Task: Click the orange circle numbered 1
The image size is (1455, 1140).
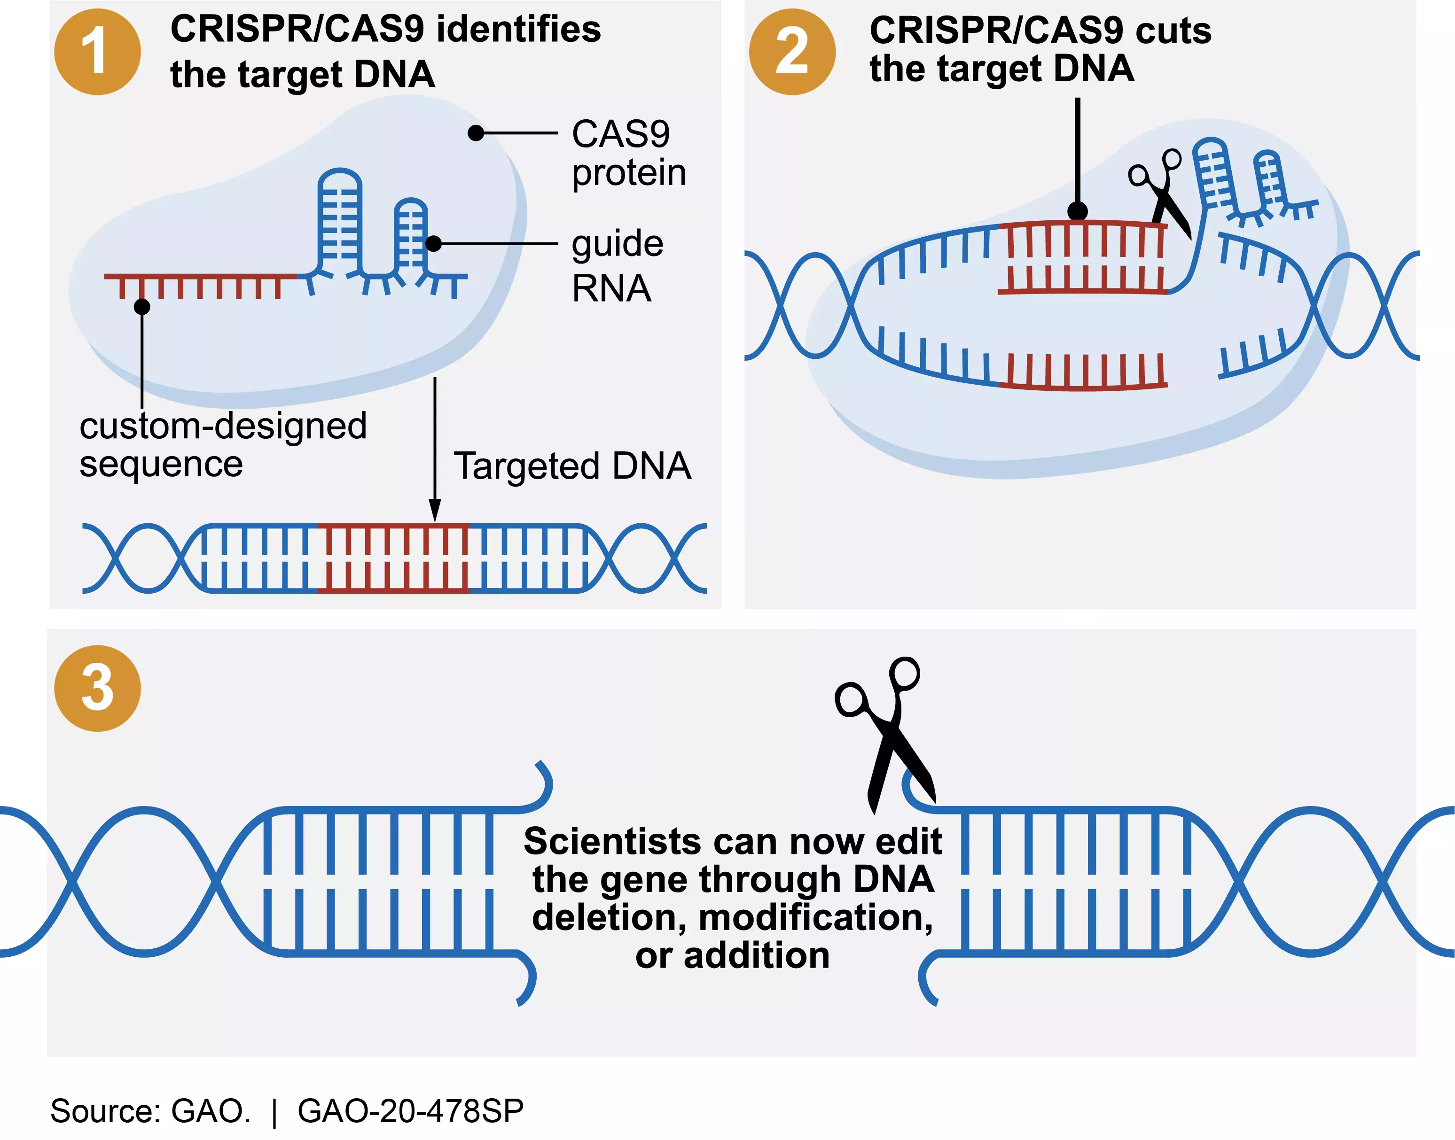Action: point(97,52)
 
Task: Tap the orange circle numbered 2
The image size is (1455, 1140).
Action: point(792,52)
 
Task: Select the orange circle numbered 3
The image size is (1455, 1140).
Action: point(97,688)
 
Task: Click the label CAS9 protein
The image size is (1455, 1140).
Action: point(628,154)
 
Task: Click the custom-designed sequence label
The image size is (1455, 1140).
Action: point(222,444)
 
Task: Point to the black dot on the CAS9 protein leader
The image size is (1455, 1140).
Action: point(476,133)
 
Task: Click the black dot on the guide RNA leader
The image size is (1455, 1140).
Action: point(433,244)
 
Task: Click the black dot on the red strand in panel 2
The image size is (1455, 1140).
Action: point(1077,211)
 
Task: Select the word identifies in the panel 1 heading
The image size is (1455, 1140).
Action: point(518,30)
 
